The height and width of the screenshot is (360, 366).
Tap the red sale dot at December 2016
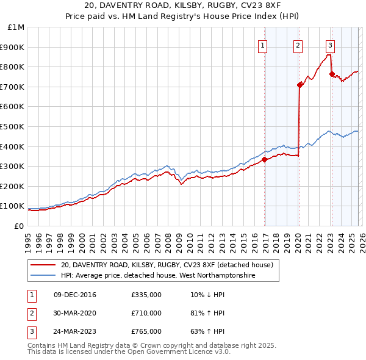click(x=265, y=160)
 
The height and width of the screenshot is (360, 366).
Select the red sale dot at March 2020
click(x=300, y=85)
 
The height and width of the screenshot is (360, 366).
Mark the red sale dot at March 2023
click(x=332, y=74)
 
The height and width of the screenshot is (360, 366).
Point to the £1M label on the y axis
click(x=16, y=27)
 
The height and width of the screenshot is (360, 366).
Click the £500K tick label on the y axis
click(x=13, y=127)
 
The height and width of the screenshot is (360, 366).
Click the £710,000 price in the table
click(x=146, y=313)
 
